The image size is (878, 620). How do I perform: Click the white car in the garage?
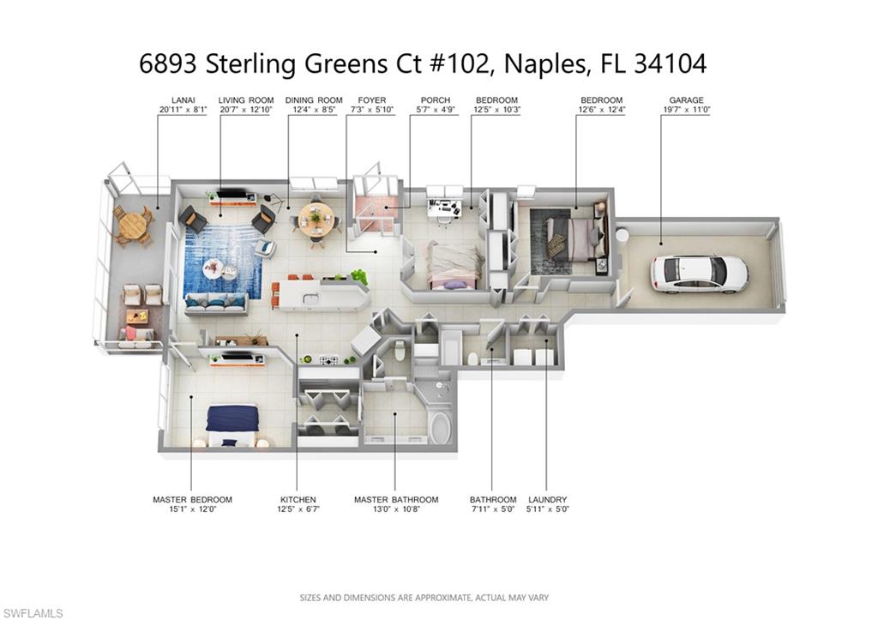[700, 274]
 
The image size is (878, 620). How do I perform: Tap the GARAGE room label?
[686, 100]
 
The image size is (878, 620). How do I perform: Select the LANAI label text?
[183, 100]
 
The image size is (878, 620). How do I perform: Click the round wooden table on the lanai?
[131, 225]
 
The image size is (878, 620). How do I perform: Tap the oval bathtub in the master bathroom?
[440, 429]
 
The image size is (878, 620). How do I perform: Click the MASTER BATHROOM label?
[396, 500]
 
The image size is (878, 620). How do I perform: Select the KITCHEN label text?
[298, 500]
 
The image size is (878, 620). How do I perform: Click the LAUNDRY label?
[548, 500]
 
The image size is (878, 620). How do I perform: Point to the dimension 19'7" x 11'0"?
[686, 110]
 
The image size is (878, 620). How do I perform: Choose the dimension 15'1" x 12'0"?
[192, 509]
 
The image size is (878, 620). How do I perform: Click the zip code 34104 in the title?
[670, 63]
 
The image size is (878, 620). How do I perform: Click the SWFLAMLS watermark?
[32, 613]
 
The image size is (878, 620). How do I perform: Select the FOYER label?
[372, 100]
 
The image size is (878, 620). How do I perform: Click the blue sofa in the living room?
[216, 303]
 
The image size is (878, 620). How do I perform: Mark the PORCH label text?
[435, 100]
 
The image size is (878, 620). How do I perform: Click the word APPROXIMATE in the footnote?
[443, 598]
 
